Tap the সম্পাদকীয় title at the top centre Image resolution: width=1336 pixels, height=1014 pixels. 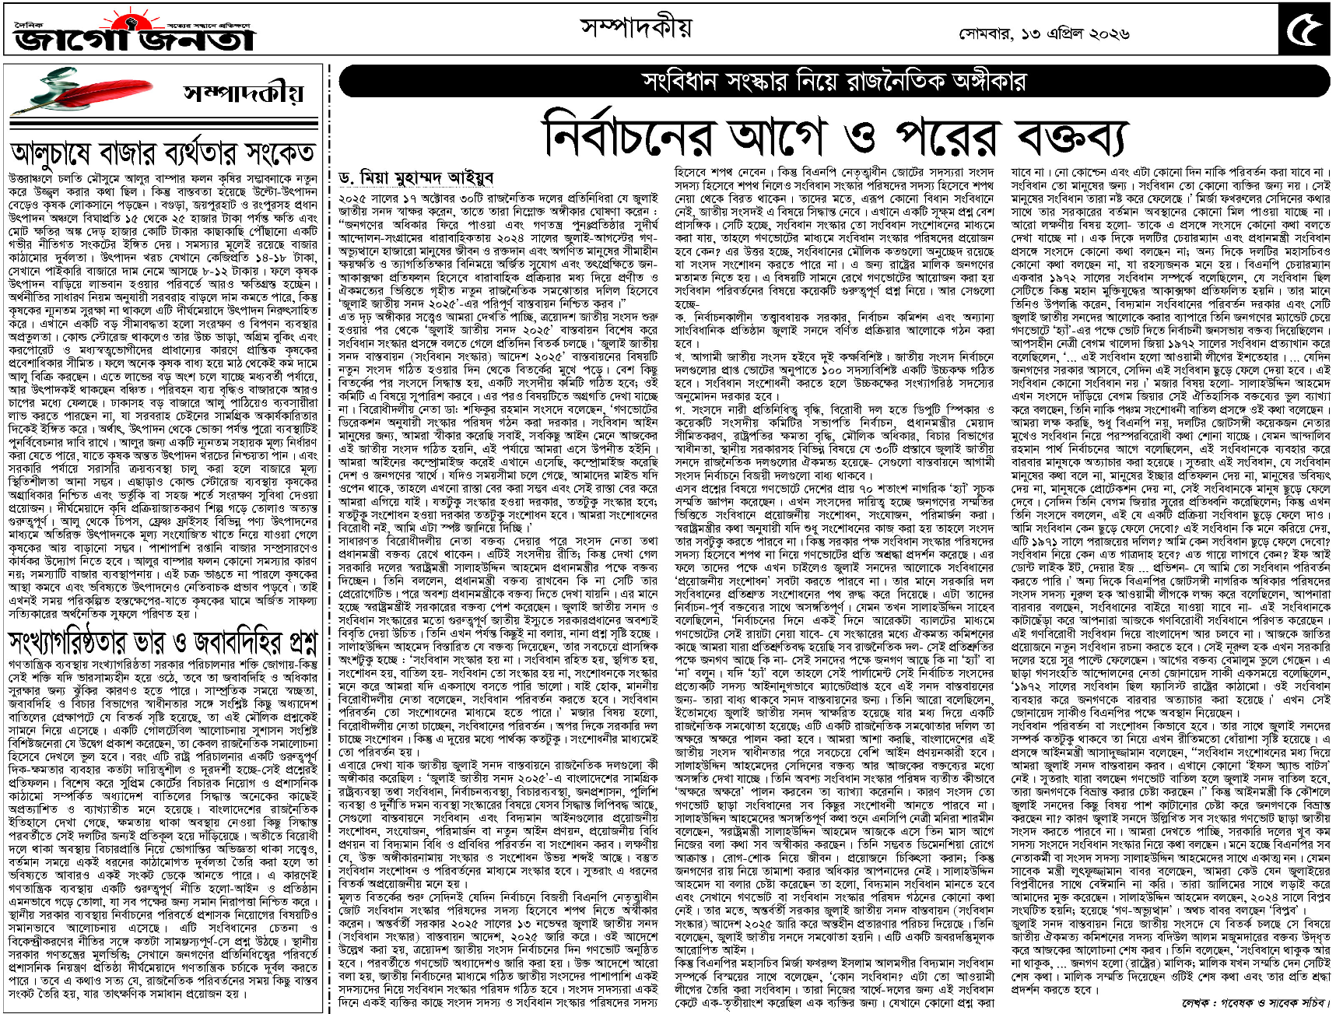[636, 28]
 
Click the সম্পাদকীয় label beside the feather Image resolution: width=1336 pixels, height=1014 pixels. [243, 93]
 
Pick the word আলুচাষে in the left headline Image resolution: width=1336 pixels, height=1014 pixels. [61, 153]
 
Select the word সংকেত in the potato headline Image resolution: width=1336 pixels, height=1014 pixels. [275, 153]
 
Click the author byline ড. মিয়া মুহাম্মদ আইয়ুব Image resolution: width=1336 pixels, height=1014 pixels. [416, 178]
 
